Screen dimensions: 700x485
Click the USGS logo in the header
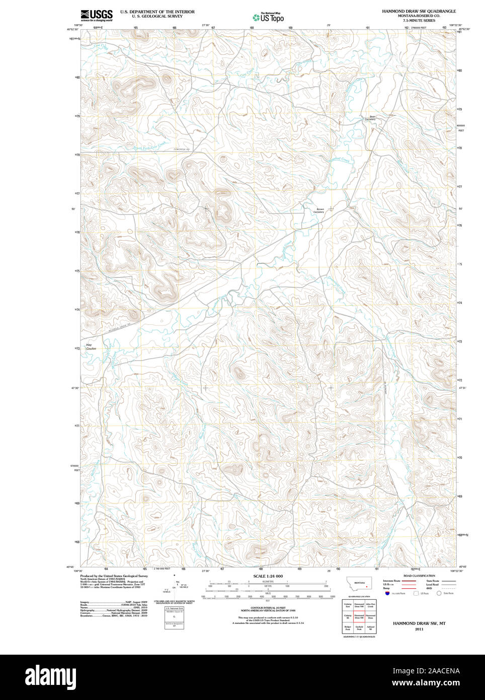coord(97,15)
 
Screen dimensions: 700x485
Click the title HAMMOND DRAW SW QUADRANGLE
coord(419,11)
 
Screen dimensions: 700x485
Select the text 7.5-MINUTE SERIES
coord(419,21)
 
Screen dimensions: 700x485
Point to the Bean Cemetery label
coord(370,118)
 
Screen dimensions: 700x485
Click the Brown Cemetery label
coord(319,211)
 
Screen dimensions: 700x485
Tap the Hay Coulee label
coord(91,346)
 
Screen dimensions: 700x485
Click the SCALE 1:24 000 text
coord(268,576)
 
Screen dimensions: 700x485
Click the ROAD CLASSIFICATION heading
coord(419,576)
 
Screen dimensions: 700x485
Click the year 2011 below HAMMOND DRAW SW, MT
coord(419,629)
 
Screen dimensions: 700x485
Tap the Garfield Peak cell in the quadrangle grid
coord(359,628)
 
